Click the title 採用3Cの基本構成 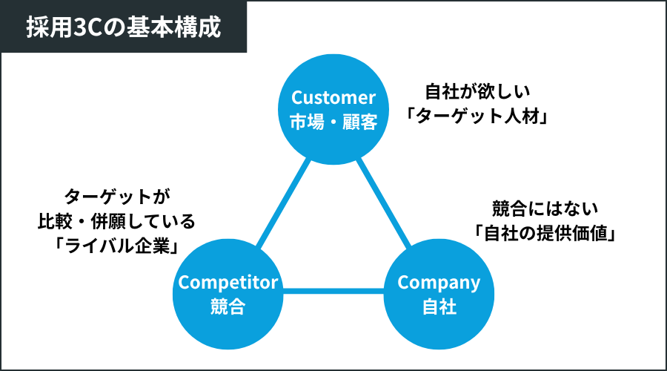coord(123,27)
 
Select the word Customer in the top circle coord(333,97)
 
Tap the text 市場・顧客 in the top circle coord(333,121)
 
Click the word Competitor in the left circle coord(228,282)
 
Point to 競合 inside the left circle coord(228,306)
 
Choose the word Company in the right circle coord(439,282)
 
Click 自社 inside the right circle coord(439,306)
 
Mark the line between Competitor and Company coord(333,290)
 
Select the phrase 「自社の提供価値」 coord(546,232)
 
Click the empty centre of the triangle coord(333,237)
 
